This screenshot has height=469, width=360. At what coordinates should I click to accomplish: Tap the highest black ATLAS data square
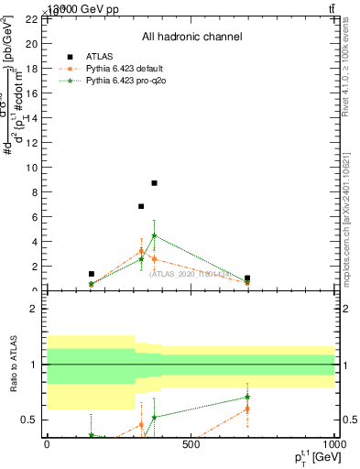pos(155,183)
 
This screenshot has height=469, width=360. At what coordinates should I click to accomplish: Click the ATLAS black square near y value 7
pos(141,206)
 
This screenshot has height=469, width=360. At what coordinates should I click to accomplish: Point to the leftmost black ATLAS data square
pos(92,274)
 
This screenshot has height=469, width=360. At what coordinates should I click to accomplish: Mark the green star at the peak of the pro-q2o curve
pos(155,235)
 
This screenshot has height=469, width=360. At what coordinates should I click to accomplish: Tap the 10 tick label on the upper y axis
pos(33,168)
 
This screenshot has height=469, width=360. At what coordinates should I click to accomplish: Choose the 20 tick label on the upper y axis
pos(33,44)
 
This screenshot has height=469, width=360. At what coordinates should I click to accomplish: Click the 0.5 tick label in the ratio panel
pos(31,420)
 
